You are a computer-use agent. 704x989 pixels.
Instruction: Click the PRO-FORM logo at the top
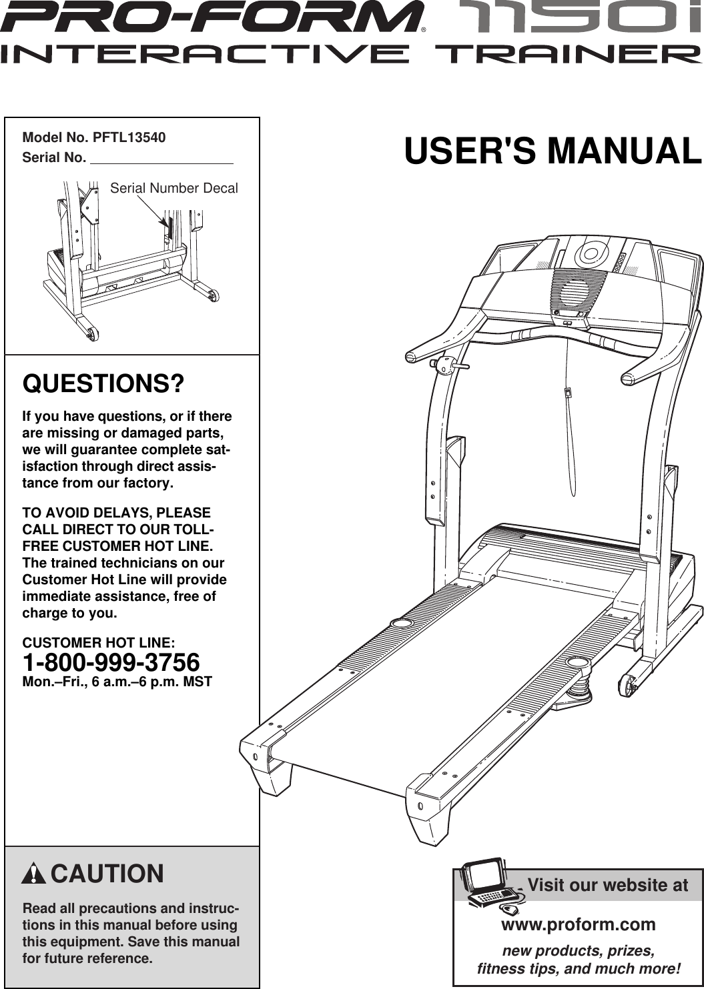[x=212, y=18]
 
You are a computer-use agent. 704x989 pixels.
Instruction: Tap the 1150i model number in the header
[x=587, y=18]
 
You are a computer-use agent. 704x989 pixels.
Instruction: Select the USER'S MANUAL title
[x=553, y=151]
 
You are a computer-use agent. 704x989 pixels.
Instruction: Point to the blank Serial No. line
[x=161, y=159]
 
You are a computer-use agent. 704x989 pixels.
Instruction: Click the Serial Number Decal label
[x=173, y=188]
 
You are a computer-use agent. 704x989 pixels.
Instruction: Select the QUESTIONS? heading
[x=103, y=384]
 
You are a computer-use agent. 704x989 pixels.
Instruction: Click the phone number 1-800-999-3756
[x=111, y=663]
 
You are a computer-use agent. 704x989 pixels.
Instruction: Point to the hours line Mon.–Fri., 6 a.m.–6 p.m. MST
[x=117, y=682]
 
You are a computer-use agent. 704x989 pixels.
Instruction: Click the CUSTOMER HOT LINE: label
[x=99, y=643]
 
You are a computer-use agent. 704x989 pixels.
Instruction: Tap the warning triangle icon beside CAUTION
[x=33, y=874]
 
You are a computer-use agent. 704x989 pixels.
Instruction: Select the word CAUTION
[x=107, y=874]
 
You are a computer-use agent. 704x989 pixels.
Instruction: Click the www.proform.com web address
[x=578, y=924]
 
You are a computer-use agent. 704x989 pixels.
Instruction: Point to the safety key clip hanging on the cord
[x=568, y=393]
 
